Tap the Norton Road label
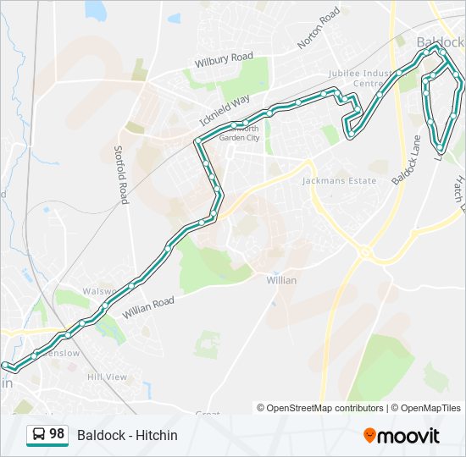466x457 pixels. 319,29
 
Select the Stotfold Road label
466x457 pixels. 121,173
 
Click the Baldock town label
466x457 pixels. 441,41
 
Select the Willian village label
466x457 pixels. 281,279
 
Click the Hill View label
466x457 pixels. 107,377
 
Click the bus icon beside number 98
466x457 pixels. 38,435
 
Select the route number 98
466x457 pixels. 57,434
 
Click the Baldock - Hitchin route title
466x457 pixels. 127,435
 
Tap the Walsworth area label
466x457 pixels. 76,291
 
